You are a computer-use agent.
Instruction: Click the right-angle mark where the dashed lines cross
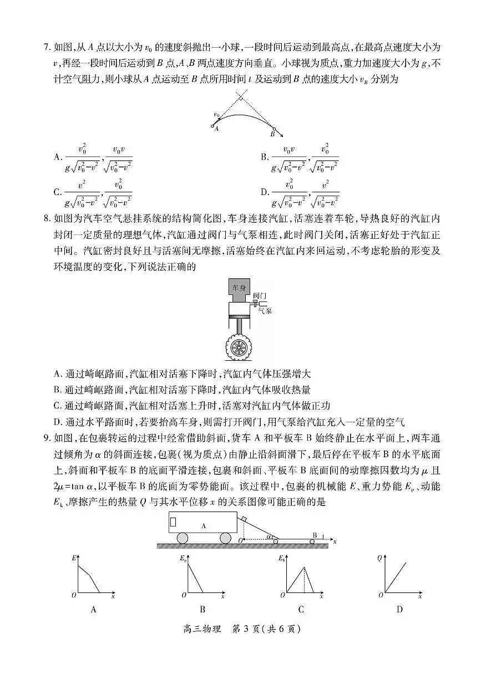tap(240, 100)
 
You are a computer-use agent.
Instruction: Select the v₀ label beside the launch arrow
tap(216, 115)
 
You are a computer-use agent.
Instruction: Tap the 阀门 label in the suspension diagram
tap(260, 296)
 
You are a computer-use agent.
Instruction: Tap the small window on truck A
tap(173, 521)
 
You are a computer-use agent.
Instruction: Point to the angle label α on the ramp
tap(269, 536)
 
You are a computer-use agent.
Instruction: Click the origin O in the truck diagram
tap(240, 540)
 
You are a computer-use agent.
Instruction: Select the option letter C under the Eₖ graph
tap(301, 610)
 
